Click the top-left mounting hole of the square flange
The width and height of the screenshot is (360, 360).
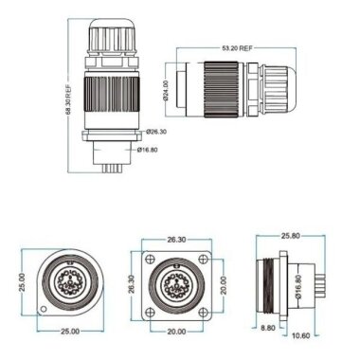point(148,257)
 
